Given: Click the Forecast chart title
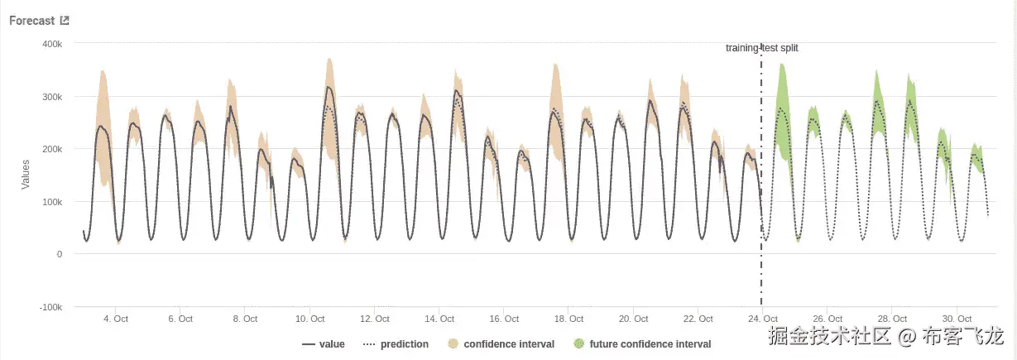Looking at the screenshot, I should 32,21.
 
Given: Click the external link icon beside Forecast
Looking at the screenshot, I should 65,21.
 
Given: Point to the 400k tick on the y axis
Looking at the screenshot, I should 53,43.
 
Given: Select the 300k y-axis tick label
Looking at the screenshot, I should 53,96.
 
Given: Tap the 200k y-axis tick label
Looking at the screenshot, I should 53,149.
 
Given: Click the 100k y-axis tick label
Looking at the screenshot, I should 53,201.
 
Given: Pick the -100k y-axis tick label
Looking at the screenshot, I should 51,307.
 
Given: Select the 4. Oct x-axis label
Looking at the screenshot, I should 115,319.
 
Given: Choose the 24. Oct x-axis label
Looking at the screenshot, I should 764,319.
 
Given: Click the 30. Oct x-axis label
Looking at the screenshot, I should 957,319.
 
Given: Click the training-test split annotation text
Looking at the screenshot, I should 761,48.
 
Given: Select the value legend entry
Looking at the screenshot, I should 324,343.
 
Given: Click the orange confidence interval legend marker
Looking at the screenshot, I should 453,343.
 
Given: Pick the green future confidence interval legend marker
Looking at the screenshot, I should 578,343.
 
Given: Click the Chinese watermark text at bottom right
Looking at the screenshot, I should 885,337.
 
